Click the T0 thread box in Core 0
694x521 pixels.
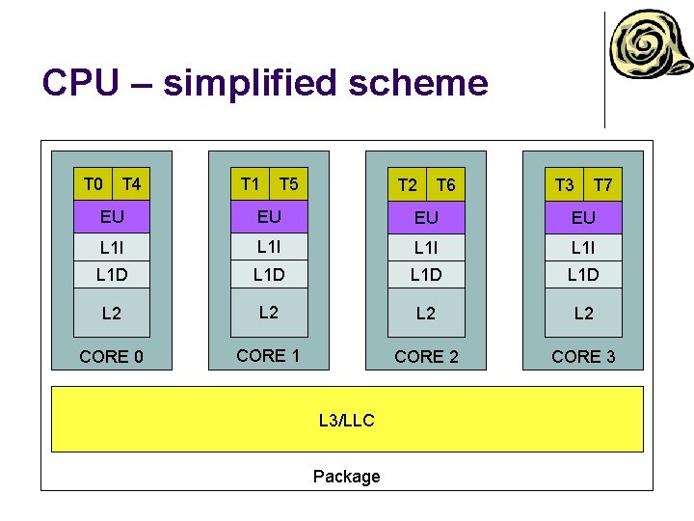point(93,184)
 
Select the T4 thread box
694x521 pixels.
point(132,184)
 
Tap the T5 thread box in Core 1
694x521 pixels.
point(288,184)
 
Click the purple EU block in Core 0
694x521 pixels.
point(112,217)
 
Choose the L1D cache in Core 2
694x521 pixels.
point(426,275)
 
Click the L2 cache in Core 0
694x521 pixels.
point(112,314)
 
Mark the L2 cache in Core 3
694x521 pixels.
point(583,314)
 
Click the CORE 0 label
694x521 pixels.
point(112,357)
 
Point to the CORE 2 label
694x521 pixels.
point(426,357)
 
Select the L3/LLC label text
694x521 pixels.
point(346,421)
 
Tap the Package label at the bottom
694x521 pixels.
point(346,477)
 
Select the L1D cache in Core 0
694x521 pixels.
point(112,275)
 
